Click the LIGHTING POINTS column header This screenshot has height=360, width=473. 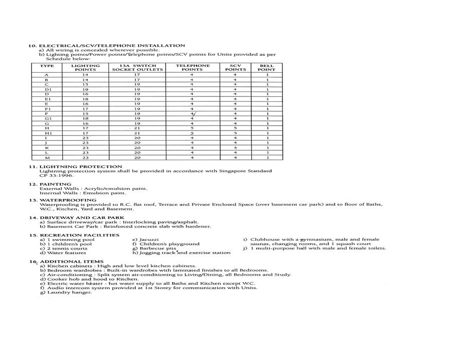85,67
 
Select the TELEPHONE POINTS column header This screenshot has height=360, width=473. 192,67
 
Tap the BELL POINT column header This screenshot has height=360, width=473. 267,67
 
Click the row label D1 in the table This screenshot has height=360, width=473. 48,89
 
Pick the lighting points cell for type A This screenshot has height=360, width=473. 85,75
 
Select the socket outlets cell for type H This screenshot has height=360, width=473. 137,128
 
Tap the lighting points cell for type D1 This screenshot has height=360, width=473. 85,89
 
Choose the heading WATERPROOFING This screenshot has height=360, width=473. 68,200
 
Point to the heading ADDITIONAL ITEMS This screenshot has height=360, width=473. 71,262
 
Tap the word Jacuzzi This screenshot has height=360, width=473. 149,239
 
